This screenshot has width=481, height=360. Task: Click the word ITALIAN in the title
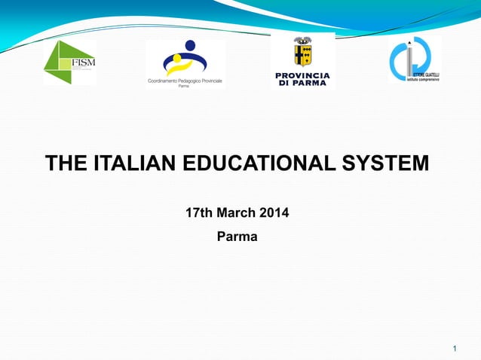pos(133,163)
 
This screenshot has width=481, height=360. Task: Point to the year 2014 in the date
pos(274,213)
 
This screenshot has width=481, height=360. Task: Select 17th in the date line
pos(199,213)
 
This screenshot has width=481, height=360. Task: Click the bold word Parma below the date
pos(237,237)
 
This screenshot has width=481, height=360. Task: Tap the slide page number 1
pos(455,348)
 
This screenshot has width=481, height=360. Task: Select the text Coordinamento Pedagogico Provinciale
pos(185,81)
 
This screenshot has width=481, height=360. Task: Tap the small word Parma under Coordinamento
pos(184,87)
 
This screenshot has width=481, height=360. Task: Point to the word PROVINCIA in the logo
pos(302,76)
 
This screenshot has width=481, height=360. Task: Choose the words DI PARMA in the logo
pos(302,84)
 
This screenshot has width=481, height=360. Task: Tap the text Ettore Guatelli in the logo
pos(427,75)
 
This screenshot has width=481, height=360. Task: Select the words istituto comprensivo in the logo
pos(424,80)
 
